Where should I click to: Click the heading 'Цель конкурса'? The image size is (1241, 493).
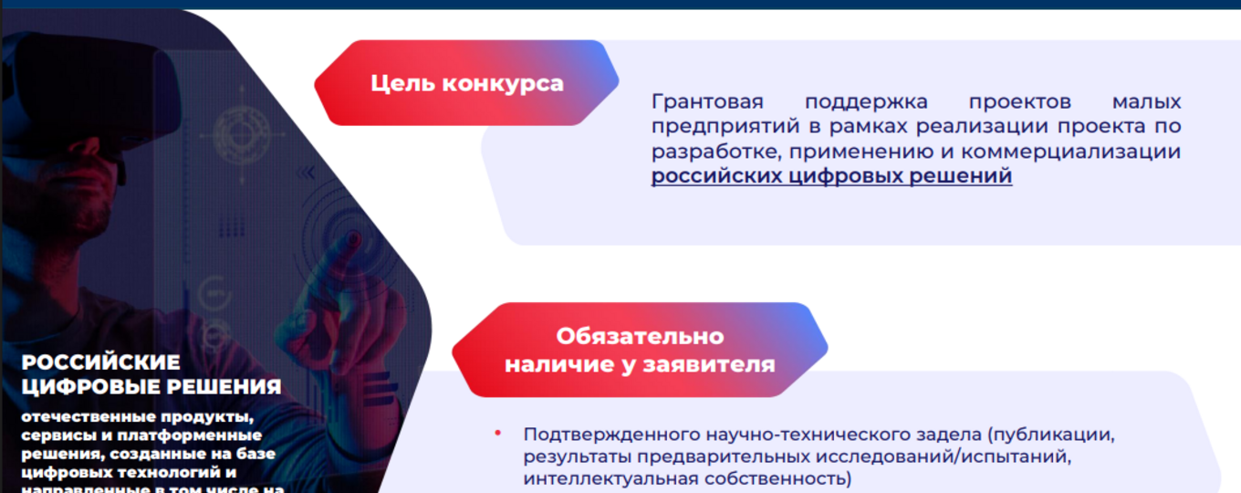466,84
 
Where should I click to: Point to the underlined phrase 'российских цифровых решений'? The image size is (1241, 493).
831,176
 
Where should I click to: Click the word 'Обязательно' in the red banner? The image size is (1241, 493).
640,336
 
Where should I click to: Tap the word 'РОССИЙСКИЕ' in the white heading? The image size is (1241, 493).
101,362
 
